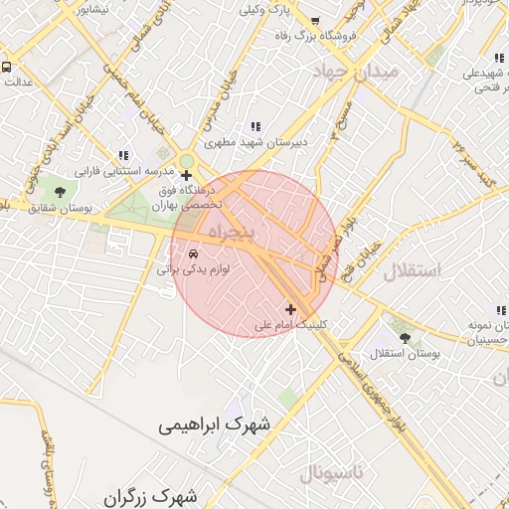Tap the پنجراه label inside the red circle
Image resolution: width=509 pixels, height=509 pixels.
(x=232, y=231)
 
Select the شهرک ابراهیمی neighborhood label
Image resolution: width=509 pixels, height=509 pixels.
(x=213, y=424)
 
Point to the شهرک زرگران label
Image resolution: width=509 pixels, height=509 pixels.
(x=150, y=495)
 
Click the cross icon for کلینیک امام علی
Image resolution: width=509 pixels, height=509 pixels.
(x=290, y=310)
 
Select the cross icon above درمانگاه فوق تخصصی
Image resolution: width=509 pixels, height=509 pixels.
(x=186, y=175)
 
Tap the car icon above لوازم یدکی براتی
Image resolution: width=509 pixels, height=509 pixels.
(x=193, y=254)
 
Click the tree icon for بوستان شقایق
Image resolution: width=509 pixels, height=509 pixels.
(x=60, y=192)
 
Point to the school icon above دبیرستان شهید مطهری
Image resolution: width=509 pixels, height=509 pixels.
(x=255, y=127)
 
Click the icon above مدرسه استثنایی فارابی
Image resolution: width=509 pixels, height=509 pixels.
(x=123, y=155)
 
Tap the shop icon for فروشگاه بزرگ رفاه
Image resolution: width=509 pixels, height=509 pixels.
(x=315, y=21)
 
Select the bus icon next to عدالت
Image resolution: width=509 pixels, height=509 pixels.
(x=6, y=68)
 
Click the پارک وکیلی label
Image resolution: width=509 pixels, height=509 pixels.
(x=265, y=11)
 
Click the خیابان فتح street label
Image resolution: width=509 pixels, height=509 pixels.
(x=362, y=262)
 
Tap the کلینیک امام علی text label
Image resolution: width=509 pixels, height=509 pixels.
(x=290, y=325)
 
